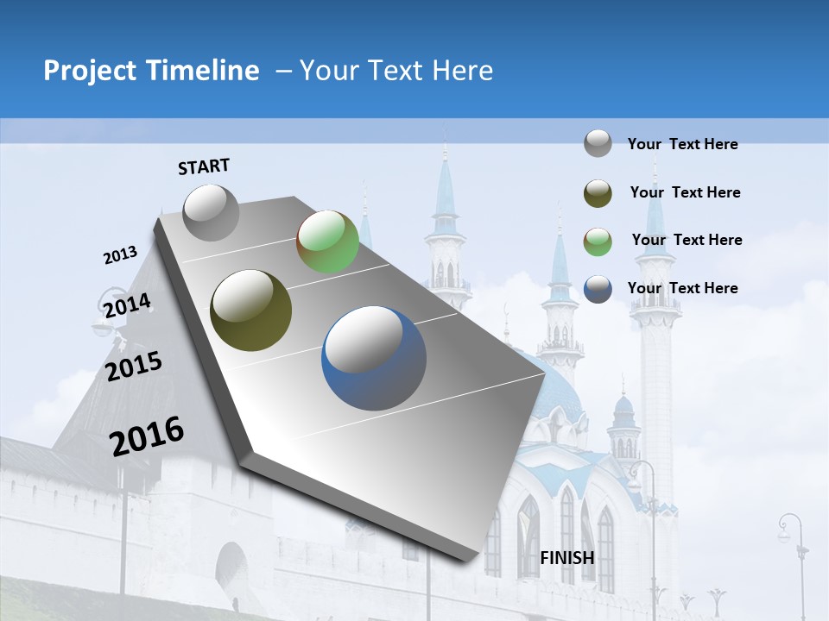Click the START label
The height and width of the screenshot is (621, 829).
click(x=204, y=166)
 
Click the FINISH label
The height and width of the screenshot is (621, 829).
click(x=566, y=557)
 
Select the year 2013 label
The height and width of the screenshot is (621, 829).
click(x=120, y=255)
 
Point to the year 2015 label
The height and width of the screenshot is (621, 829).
click(x=134, y=367)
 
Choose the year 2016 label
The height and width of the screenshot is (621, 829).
click(x=147, y=436)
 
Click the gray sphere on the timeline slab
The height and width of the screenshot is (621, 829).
click(x=211, y=212)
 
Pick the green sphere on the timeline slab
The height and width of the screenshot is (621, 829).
click(x=327, y=241)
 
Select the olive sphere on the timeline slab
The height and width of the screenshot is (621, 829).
click(x=250, y=310)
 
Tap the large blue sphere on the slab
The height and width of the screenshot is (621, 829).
click(x=374, y=358)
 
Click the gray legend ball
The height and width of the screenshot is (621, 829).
click(x=598, y=143)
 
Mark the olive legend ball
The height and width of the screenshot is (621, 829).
click(x=598, y=193)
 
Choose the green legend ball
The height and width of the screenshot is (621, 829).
click(x=598, y=241)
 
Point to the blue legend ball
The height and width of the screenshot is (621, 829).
click(x=598, y=289)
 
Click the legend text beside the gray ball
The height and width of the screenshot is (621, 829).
click(x=682, y=144)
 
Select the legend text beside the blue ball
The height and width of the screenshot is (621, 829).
click(x=682, y=288)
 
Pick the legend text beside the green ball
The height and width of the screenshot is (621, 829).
click(x=687, y=240)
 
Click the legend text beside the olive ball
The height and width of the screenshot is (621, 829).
click(x=685, y=192)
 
